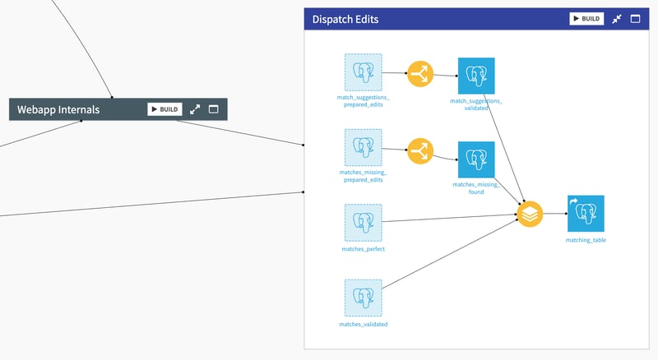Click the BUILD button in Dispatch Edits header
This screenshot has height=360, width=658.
coord(586,19)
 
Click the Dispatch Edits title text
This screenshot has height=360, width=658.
coord(345,20)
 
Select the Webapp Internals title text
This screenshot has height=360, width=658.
coord(58,109)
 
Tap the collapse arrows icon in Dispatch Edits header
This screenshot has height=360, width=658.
coord(617,19)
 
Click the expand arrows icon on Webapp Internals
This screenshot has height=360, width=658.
coord(195,109)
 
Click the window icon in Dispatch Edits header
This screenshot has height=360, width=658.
coord(635,19)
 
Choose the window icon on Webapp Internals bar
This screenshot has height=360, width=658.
coord(213,109)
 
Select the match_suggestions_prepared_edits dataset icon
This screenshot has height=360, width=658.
coord(363,72)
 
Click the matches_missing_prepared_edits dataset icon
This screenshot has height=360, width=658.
coord(363,148)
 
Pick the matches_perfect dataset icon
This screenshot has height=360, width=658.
coord(363,223)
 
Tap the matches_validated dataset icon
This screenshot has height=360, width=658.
coord(363,298)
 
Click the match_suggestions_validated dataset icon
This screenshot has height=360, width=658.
coord(476,76)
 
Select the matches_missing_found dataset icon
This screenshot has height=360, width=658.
coord(476,159)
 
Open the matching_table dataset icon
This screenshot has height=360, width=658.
coord(586,214)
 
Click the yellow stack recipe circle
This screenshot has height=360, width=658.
coord(531,215)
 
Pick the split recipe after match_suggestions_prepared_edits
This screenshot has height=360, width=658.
coord(420,74)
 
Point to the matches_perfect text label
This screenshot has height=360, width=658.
coord(363,249)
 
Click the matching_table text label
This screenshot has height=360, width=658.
coord(586,240)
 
